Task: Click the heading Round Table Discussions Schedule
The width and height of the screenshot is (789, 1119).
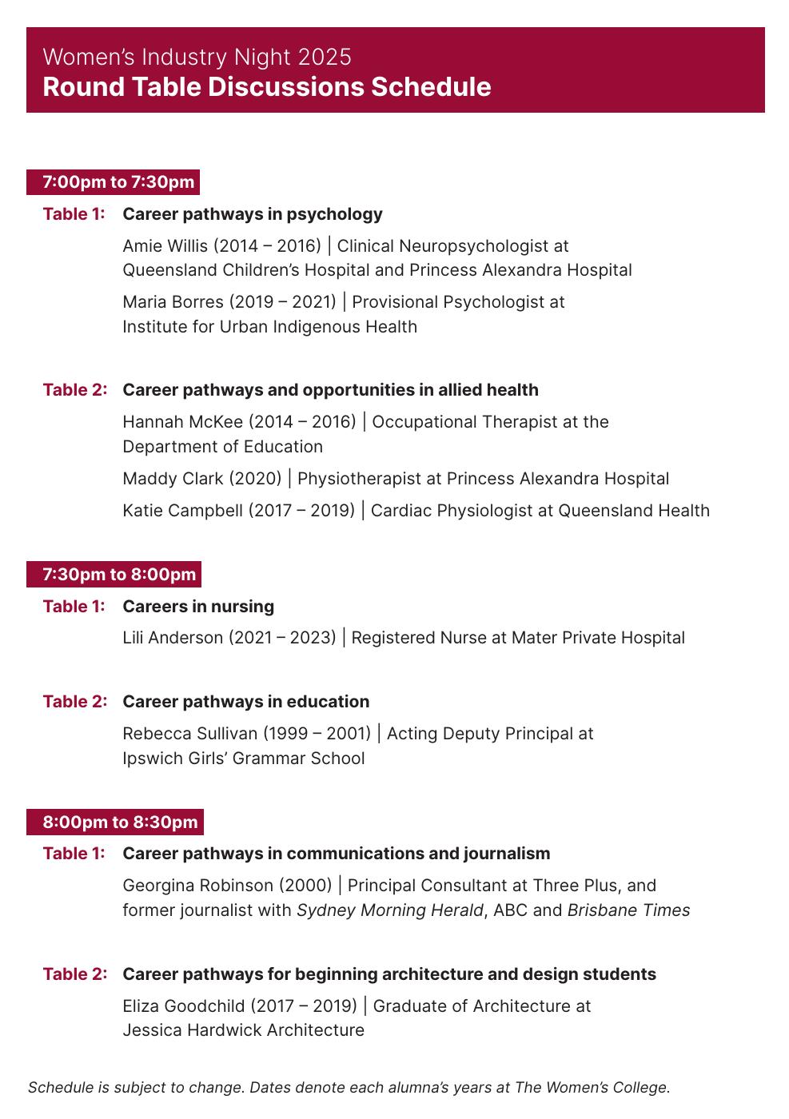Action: coord(267,87)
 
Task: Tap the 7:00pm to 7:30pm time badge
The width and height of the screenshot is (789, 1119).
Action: coord(118,182)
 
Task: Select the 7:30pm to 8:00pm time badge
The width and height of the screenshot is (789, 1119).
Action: coord(119,575)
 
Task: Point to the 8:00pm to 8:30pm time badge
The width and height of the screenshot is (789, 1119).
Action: coord(120,822)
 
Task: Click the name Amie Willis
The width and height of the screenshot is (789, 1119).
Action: coord(165,246)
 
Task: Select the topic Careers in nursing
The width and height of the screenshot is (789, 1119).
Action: coord(198,607)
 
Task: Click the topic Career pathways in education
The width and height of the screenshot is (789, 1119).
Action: coord(246,702)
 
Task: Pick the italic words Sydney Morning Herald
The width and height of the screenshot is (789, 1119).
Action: coord(390,910)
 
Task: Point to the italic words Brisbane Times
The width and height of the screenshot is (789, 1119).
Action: coord(628,910)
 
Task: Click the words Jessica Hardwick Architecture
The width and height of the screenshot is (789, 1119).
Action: coord(243,1030)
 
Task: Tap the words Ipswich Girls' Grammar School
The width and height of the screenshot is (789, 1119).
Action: coord(243,759)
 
